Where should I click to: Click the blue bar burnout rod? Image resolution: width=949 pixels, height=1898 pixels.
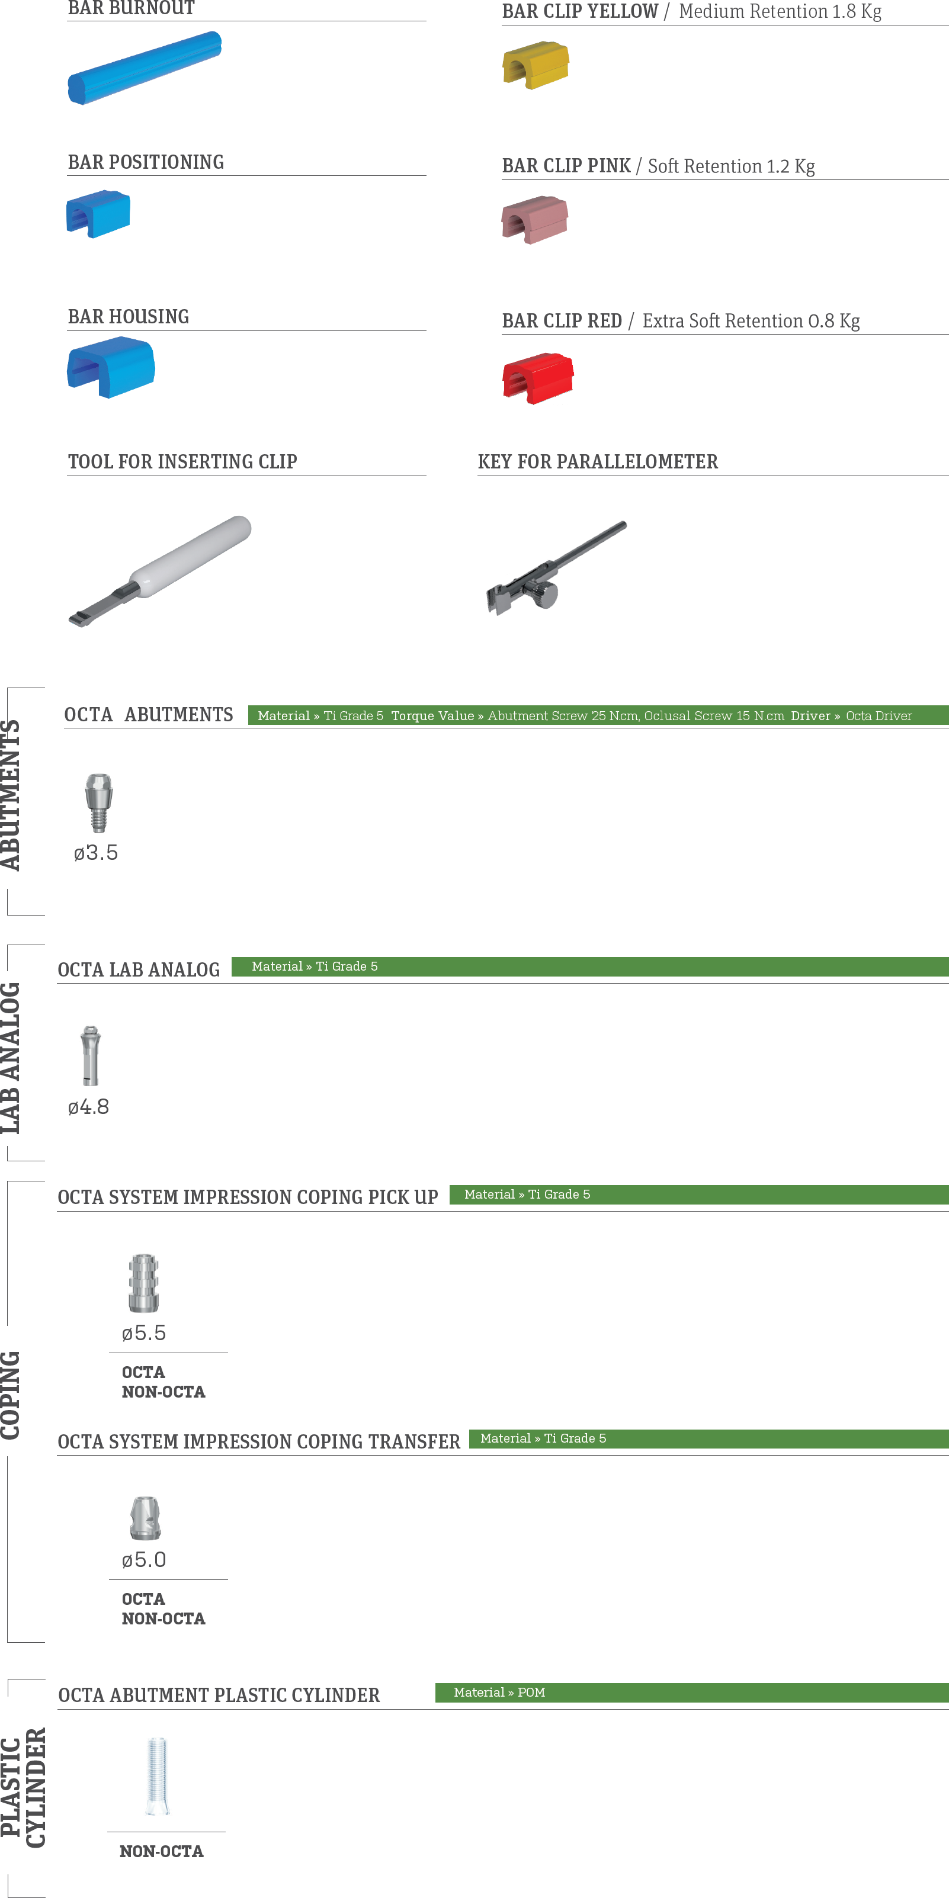[145, 67]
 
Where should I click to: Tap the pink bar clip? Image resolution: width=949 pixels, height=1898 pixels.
[535, 220]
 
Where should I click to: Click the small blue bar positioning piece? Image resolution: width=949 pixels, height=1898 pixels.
[98, 214]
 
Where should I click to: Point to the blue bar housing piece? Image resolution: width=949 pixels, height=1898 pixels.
[111, 367]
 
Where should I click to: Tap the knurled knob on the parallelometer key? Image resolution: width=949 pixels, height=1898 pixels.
[545, 594]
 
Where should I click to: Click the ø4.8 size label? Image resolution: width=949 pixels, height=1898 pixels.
[88, 1107]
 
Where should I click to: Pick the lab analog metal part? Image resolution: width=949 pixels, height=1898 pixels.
[91, 1055]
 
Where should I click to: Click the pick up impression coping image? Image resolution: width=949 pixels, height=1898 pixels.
[144, 1283]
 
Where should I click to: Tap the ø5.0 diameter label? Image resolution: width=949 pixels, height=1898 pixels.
[144, 1560]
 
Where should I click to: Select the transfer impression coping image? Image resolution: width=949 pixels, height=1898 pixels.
[145, 1518]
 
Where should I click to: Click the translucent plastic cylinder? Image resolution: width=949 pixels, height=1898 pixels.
[158, 1775]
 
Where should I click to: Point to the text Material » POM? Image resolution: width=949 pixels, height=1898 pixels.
[499, 1693]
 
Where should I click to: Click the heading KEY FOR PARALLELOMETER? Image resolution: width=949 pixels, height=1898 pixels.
[598, 462]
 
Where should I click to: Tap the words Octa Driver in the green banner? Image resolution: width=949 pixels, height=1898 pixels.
[879, 715]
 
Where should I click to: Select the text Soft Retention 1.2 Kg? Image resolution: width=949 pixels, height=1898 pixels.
[731, 166]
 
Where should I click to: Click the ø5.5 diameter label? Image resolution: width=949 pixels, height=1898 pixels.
[144, 1333]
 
